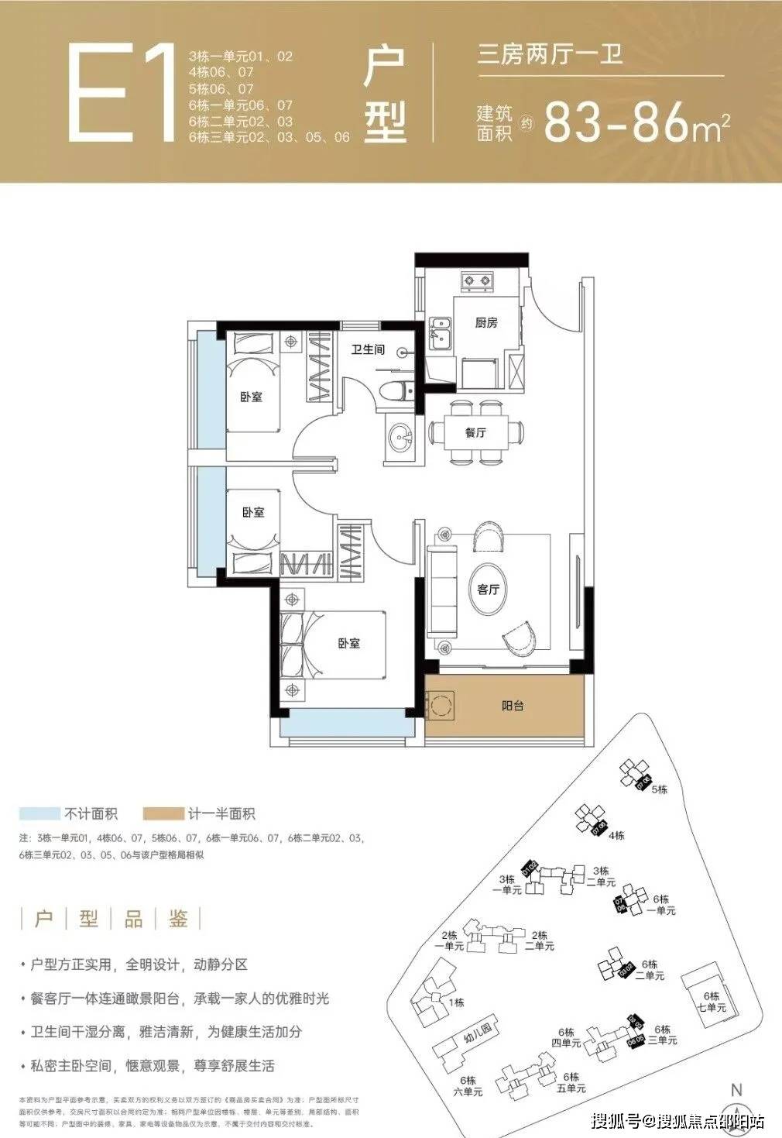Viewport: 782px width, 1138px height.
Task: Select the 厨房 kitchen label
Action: (x=486, y=322)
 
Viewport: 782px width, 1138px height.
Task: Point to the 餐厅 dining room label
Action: (x=475, y=432)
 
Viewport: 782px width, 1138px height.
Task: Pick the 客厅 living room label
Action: (x=488, y=590)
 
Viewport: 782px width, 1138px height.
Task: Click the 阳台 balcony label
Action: (x=513, y=706)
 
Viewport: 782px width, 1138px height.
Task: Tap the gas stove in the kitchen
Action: (x=477, y=280)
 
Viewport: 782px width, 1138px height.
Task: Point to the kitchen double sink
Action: (x=441, y=335)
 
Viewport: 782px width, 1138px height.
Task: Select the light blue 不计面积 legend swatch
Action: (x=39, y=813)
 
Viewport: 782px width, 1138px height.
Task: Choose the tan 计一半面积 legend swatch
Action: (x=163, y=813)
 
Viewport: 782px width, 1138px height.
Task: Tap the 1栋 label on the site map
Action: (x=457, y=1002)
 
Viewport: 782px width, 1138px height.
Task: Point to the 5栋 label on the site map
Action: (x=659, y=789)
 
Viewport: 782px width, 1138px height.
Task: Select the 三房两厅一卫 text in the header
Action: (x=550, y=55)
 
